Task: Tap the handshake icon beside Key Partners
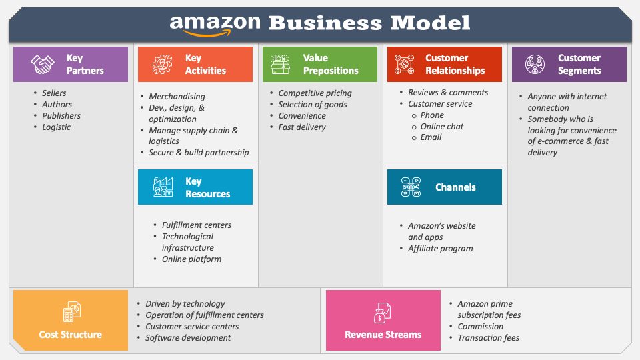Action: pos(43,65)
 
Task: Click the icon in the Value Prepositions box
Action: pos(281,65)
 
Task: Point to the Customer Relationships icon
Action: pos(405,65)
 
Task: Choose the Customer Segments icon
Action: pos(535,65)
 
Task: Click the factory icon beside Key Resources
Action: pos(163,187)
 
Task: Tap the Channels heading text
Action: pos(455,187)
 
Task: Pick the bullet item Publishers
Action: pos(61,116)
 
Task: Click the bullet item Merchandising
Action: pos(177,97)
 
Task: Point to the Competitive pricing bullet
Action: pos(315,93)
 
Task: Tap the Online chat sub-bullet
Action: pos(441,126)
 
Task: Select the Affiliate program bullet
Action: pos(440,249)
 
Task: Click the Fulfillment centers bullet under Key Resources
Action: pos(196,225)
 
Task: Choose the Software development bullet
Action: pos(188,338)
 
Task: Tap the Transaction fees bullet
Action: pos(488,338)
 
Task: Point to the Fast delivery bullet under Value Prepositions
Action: pos(301,127)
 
